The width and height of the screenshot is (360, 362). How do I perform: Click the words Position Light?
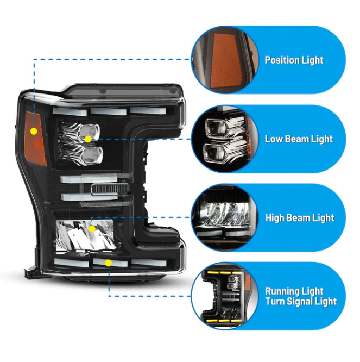(294, 60)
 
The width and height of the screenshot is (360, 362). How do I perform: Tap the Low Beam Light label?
(299, 139)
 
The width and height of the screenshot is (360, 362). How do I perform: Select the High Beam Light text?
(300, 218)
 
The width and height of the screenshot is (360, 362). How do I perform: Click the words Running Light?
(294, 291)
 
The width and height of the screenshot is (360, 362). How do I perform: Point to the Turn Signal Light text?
(301, 302)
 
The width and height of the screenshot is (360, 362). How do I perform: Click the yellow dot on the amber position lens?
(34, 132)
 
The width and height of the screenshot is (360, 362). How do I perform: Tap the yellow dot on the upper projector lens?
(88, 139)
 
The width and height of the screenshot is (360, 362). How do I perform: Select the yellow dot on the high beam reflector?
(92, 229)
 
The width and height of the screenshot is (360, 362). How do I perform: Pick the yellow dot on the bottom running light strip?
(109, 263)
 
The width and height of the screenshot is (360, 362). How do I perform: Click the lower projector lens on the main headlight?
(92, 155)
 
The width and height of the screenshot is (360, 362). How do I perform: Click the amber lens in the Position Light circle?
(225, 61)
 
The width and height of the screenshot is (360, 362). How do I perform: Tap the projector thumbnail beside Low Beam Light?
(225, 139)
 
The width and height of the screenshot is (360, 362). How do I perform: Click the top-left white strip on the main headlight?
(70, 111)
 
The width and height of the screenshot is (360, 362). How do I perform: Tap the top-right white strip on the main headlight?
(148, 110)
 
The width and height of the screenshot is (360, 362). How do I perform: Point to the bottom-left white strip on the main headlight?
(72, 263)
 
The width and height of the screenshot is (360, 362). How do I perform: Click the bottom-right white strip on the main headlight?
(149, 263)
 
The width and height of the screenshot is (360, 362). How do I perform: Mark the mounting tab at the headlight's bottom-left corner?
(30, 272)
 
